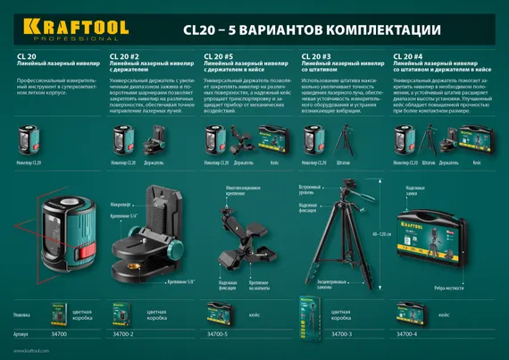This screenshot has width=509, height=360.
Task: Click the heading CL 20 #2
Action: [x=123, y=56]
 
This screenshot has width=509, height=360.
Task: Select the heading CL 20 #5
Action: [x=218, y=56]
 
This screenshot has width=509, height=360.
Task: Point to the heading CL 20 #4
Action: [x=407, y=56]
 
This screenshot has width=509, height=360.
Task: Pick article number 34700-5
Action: [x=218, y=333]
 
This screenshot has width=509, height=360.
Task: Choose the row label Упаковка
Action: [x=25, y=316]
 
